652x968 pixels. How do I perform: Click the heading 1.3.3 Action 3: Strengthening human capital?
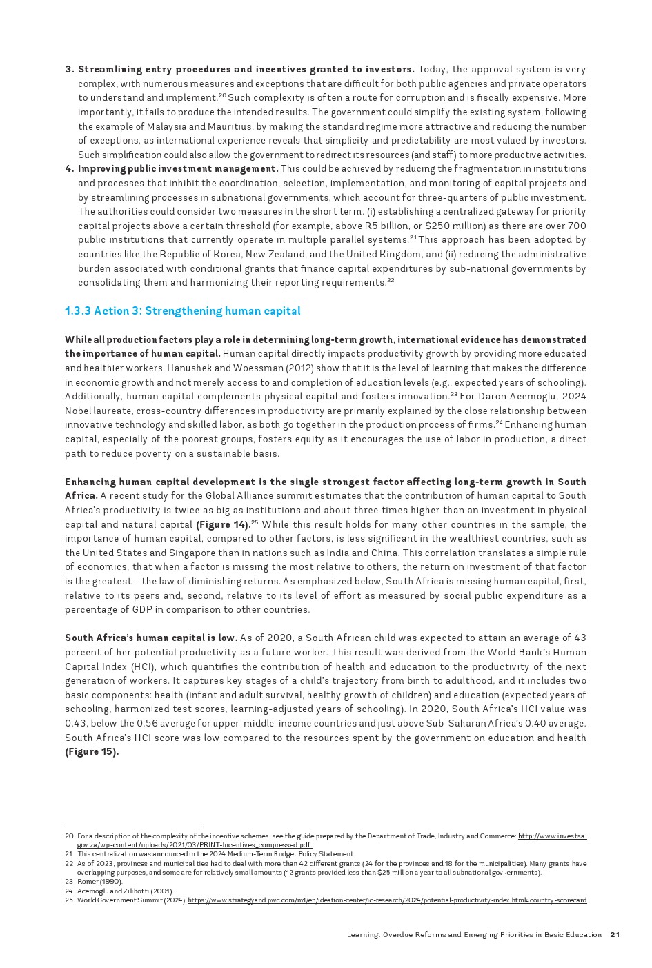[182, 311]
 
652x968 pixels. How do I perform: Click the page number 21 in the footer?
[615, 935]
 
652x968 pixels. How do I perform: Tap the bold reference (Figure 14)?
[223, 525]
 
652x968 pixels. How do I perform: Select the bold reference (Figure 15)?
[92, 752]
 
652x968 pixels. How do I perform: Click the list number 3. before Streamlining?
[69, 70]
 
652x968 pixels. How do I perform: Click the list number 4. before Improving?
[69, 169]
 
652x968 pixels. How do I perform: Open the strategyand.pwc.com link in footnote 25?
[386, 900]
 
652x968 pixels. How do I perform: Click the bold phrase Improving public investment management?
[178, 169]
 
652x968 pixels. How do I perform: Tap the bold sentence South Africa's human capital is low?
[151, 638]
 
